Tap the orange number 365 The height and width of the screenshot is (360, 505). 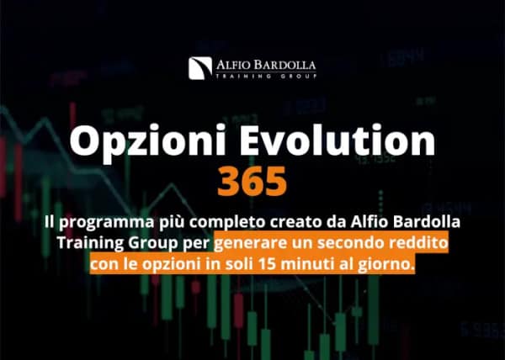[252, 180]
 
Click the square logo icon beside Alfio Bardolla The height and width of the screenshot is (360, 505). [199, 67]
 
